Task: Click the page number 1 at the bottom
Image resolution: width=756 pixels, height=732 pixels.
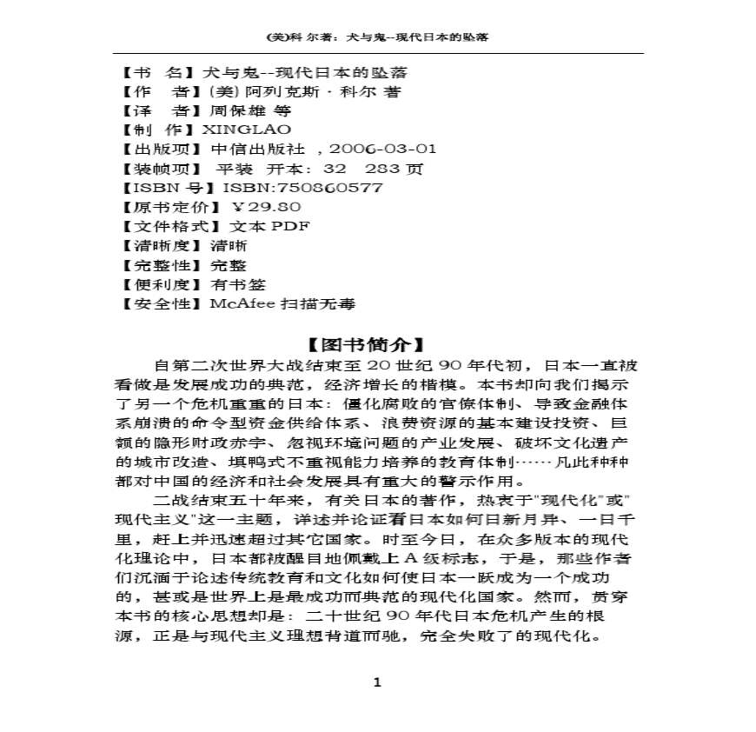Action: tap(377, 682)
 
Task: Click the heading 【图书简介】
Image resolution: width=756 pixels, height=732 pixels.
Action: tap(376, 344)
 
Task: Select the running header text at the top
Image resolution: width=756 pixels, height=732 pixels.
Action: tap(377, 37)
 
